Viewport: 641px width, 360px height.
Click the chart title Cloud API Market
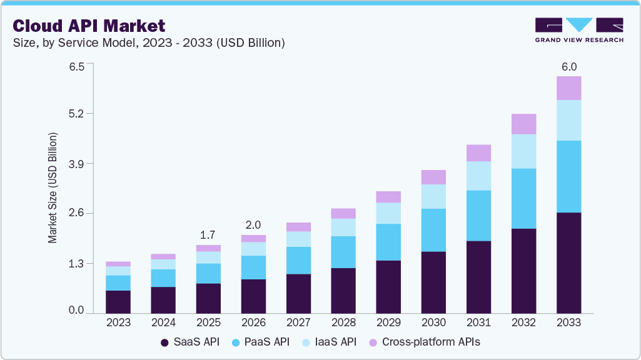click(89, 26)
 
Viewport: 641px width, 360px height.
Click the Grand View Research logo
click(579, 29)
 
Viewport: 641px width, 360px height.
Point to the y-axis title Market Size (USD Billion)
click(53, 188)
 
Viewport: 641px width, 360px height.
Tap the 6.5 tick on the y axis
click(76, 67)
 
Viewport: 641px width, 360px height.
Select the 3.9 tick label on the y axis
click(76, 164)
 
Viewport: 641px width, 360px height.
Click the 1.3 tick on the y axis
click(76, 263)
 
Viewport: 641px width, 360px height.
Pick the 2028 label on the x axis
click(343, 322)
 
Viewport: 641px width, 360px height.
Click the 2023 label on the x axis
click(118, 322)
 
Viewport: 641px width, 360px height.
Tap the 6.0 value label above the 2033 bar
click(568, 67)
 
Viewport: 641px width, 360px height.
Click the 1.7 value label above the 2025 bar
click(208, 235)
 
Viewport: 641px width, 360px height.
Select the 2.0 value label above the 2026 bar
click(253, 225)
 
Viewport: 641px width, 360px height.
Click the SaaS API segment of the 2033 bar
click(568, 262)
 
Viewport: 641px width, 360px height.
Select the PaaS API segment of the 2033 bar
click(568, 176)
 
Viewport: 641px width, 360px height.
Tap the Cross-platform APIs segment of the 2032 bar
click(523, 124)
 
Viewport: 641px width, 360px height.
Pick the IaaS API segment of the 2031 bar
click(478, 176)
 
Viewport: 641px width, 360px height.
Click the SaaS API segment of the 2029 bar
click(388, 286)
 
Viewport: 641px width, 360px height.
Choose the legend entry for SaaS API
click(190, 342)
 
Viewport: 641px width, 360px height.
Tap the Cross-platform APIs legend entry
click(424, 342)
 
